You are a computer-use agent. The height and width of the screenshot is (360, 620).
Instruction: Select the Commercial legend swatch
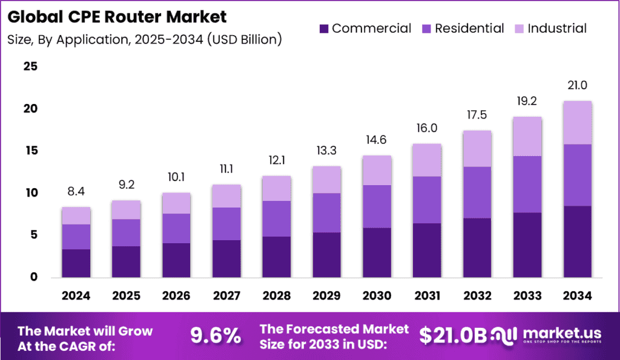coord(323,28)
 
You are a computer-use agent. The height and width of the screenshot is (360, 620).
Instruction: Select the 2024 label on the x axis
coord(76,295)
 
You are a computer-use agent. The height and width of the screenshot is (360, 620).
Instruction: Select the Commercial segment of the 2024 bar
coord(76,263)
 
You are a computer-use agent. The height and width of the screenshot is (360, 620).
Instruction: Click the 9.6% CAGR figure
coord(216,334)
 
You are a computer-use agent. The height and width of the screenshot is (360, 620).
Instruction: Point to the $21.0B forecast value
coord(453,335)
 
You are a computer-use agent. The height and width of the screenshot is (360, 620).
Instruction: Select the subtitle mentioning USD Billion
coord(145,40)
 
